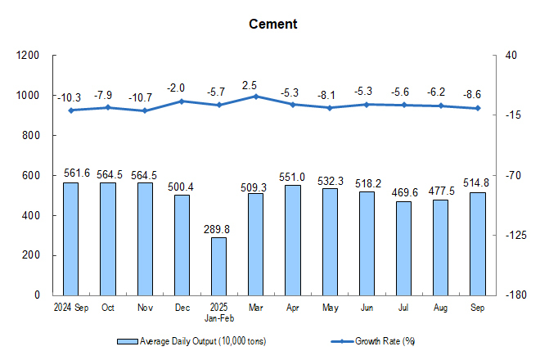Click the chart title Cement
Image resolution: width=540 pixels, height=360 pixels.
point(273,25)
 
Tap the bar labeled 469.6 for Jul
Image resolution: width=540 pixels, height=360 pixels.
point(403,248)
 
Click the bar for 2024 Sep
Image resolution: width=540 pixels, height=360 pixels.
point(70,238)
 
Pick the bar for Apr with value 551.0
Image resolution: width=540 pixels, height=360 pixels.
point(292,240)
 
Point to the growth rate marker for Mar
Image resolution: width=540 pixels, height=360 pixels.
point(255,96)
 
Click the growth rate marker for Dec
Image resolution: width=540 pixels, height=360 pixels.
point(182,101)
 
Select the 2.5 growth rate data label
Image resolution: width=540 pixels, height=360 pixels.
point(255,84)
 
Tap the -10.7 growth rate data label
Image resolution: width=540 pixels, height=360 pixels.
point(145,98)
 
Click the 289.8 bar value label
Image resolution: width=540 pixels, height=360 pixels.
point(218,228)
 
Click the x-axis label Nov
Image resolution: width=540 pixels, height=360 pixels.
point(145,308)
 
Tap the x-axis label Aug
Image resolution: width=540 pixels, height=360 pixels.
point(440,308)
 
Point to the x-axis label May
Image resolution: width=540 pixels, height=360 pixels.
point(329,308)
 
